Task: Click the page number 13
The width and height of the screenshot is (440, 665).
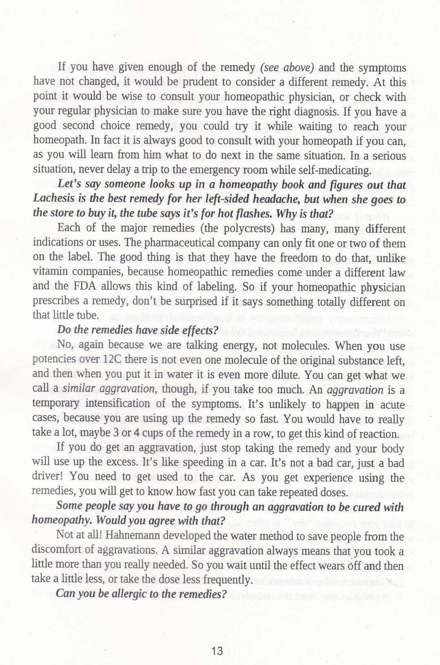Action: pos(217,651)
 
